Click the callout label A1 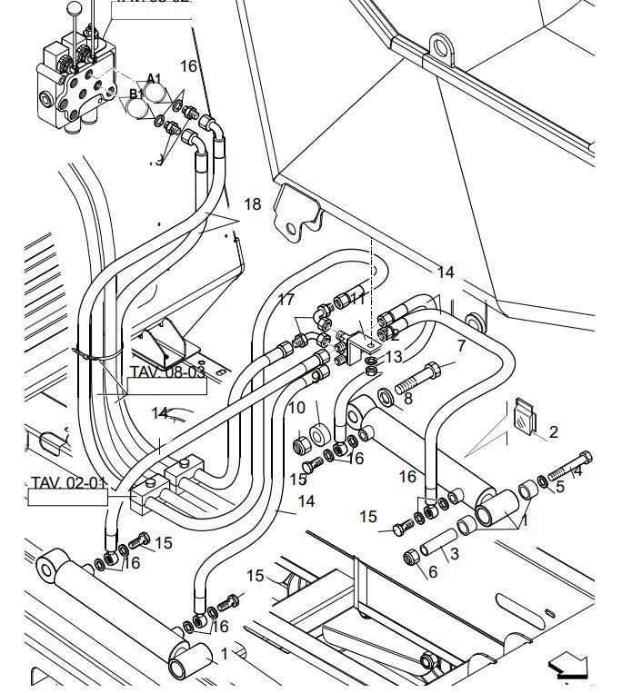click(x=154, y=79)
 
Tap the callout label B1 click(x=136, y=94)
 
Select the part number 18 click(x=252, y=204)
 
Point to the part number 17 click(x=286, y=300)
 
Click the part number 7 click(x=461, y=346)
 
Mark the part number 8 click(x=407, y=398)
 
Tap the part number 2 click(x=553, y=432)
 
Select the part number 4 click(x=577, y=470)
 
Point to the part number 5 click(x=559, y=487)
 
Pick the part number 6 click(x=432, y=571)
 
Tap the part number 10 click(x=296, y=408)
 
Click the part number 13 click(x=393, y=357)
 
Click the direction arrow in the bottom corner click(x=568, y=671)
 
